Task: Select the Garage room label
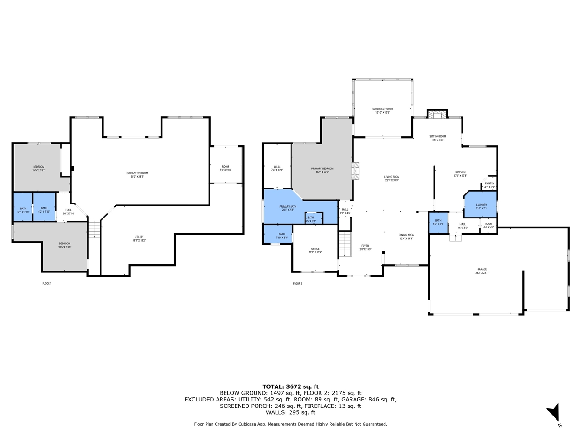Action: click(x=482, y=271)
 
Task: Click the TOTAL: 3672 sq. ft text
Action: click(x=290, y=386)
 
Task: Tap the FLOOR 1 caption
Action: click(x=47, y=284)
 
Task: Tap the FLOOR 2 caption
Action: click(x=297, y=284)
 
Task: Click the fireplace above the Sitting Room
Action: click(x=438, y=114)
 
